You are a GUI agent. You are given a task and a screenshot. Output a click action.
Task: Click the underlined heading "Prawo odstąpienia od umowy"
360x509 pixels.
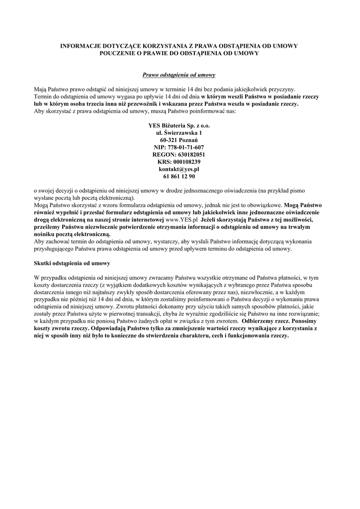(x=179, y=75)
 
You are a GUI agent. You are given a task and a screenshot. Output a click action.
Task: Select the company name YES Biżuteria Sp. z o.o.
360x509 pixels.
(x=179, y=126)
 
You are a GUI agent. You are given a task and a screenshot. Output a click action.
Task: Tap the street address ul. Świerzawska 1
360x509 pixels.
(x=179, y=133)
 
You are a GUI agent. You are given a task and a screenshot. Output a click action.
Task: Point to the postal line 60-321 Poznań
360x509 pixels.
(x=179, y=140)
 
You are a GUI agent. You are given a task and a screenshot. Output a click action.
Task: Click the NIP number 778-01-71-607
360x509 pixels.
(x=179, y=148)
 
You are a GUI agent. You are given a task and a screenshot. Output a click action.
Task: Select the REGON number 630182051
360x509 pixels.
(x=179, y=155)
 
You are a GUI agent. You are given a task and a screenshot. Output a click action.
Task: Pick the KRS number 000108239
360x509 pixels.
(x=179, y=162)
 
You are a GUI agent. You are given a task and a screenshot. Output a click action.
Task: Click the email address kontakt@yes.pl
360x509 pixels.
(x=179, y=169)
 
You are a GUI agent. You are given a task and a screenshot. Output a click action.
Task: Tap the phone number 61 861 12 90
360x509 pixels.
(x=179, y=176)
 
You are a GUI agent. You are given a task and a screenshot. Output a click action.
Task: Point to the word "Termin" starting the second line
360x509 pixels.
(x=44, y=97)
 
